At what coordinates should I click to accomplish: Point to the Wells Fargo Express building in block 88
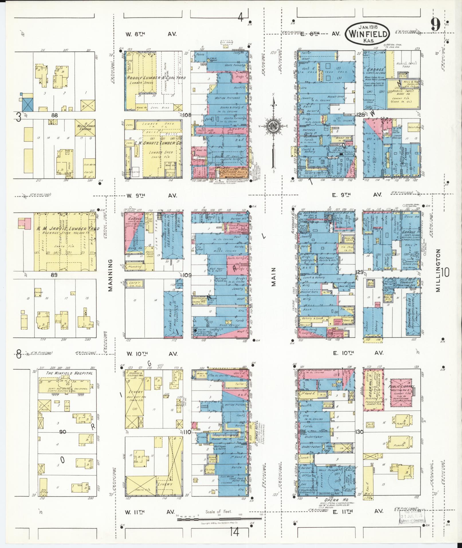[x=85, y=127]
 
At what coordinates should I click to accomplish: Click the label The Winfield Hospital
[x=70, y=374]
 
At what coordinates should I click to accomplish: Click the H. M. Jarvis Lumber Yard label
[x=68, y=229]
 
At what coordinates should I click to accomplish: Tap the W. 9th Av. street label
[x=152, y=196]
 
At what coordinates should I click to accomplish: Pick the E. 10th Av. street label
[x=357, y=353]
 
